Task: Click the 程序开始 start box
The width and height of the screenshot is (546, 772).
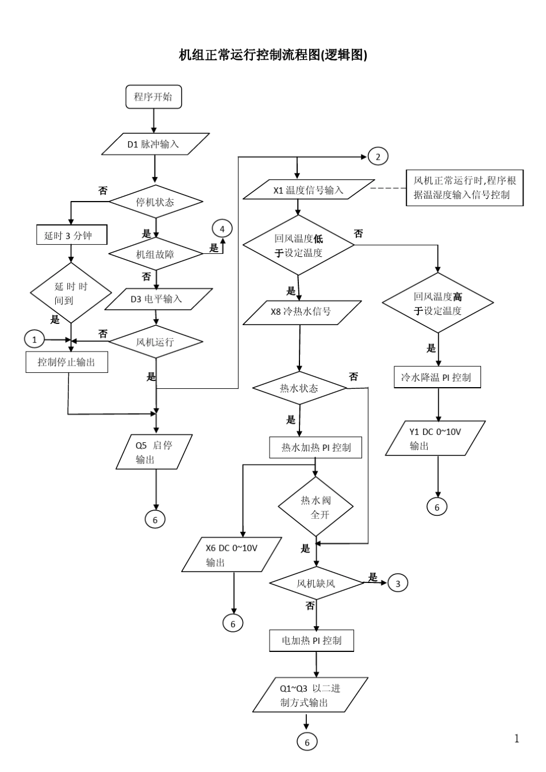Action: (153, 97)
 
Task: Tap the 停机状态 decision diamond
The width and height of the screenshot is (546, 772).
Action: (156, 202)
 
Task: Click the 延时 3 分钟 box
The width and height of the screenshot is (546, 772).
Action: (71, 235)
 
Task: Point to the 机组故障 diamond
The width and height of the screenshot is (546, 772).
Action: (156, 254)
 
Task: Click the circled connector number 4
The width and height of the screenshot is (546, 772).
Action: (222, 229)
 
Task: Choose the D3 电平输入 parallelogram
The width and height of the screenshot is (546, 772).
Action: (156, 299)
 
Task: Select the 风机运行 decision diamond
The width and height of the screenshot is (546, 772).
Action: (156, 342)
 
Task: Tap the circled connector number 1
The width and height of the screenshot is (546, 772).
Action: (34, 339)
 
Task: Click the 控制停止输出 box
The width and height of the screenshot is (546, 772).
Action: (67, 362)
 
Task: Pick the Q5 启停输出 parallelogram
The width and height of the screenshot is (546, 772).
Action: (153, 452)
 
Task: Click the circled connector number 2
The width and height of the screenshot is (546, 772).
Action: (378, 156)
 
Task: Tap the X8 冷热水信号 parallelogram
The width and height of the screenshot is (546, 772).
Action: (302, 312)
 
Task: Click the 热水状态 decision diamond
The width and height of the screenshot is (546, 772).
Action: (299, 388)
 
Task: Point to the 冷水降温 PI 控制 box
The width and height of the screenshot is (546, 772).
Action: (437, 378)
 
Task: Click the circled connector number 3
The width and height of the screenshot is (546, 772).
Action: (398, 584)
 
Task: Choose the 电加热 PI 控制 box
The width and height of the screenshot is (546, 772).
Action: (312, 640)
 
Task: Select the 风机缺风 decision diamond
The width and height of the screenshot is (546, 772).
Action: (316, 584)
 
